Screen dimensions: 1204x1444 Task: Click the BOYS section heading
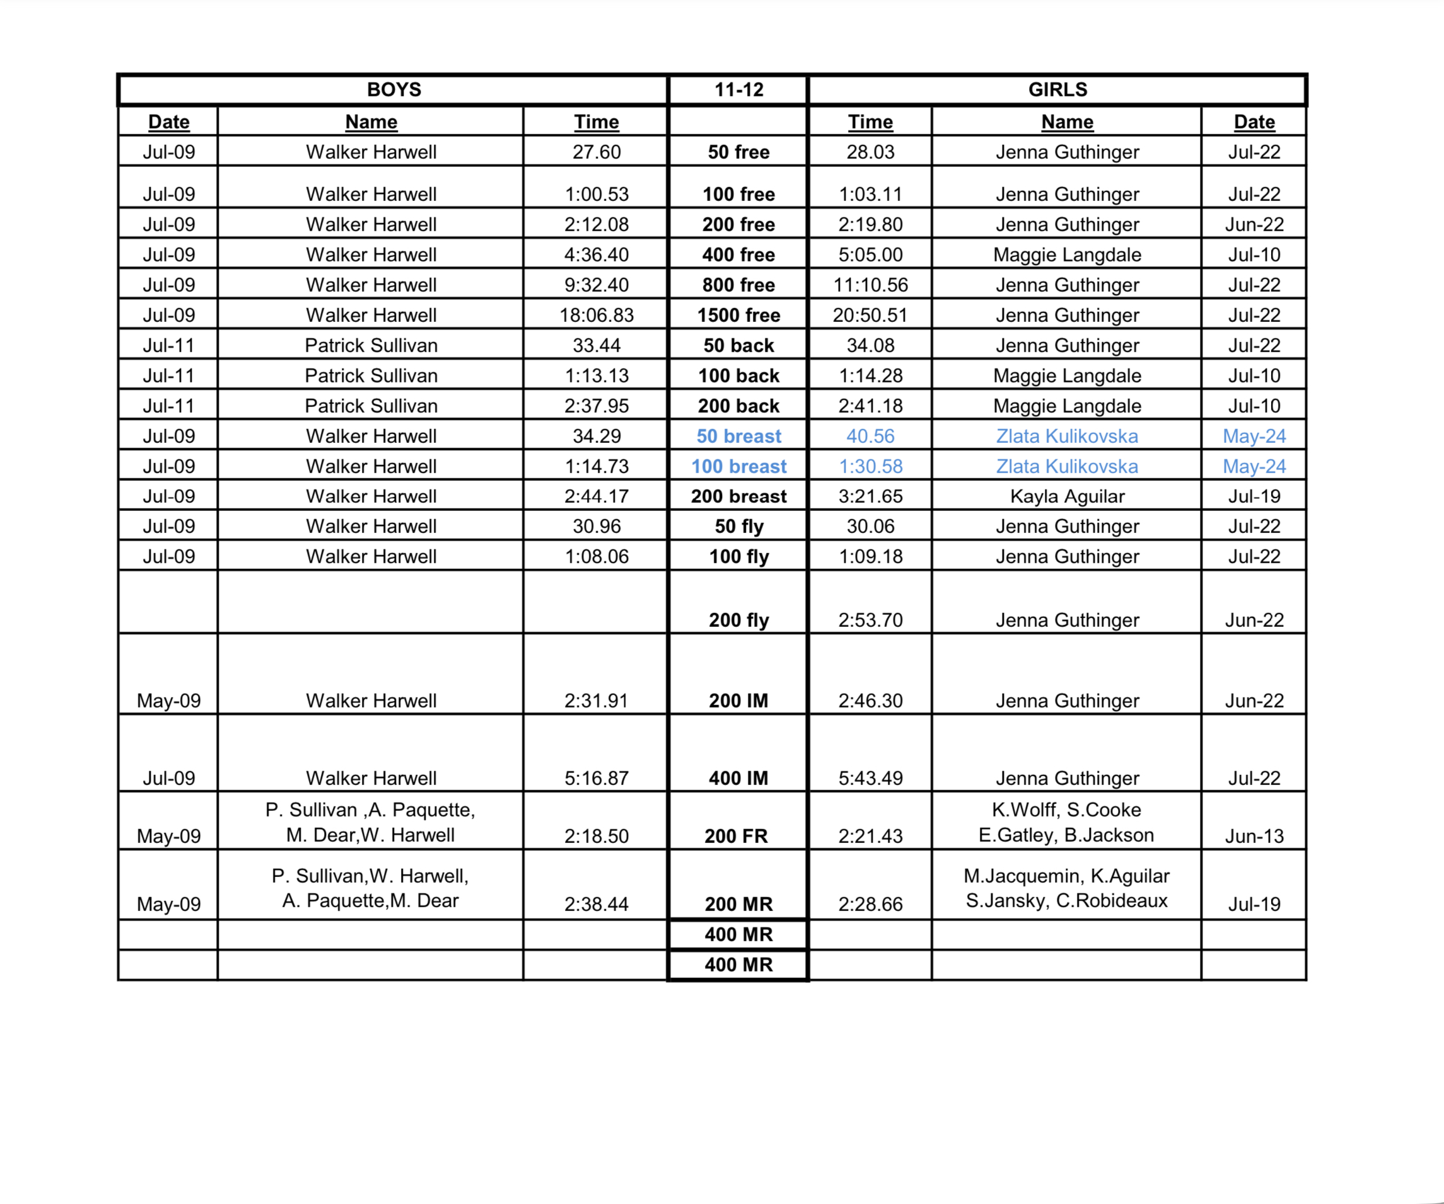coord(393,89)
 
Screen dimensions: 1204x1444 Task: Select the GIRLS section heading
coord(1057,89)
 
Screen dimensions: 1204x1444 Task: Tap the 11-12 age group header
coord(738,89)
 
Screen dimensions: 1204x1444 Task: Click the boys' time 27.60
coord(596,152)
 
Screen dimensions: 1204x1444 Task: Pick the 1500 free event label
coord(738,316)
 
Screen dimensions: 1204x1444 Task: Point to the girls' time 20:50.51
coord(870,316)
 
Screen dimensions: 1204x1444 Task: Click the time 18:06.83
coord(596,316)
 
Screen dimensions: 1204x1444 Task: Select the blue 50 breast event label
coord(738,437)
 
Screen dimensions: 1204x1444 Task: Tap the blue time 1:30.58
coord(870,467)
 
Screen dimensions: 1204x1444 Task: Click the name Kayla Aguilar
coord(1066,496)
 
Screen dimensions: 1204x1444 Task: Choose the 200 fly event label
coord(738,620)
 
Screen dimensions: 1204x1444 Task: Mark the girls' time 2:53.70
coord(870,620)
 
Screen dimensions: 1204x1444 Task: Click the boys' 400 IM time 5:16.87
coord(596,778)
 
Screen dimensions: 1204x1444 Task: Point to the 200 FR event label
coord(736,835)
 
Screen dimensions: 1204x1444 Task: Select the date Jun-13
coord(1254,835)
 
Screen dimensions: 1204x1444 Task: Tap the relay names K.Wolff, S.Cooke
coord(1066,810)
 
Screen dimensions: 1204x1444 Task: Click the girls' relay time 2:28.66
coord(870,903)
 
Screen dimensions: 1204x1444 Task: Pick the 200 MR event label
coord(738,903)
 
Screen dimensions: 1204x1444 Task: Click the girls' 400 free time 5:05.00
coord(870,255)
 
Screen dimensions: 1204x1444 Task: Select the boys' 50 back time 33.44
coord(596,346)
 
